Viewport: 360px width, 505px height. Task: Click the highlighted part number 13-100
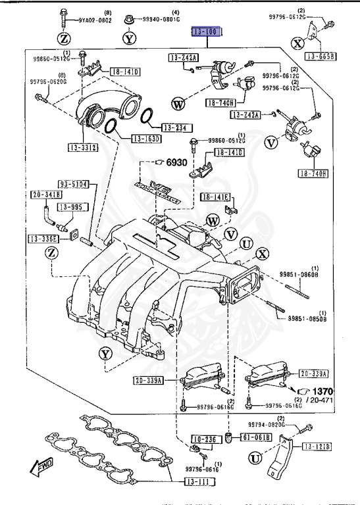tap(208, 32)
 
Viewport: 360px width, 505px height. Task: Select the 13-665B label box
tap(324, 56)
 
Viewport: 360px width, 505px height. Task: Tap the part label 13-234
tap(174, 128)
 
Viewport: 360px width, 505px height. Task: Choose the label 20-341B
tap(45, 195)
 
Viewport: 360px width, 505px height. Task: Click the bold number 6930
tap(176, 162)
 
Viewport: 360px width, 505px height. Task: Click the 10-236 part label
tap(204, 439)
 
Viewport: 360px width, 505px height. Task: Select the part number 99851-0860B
tap(297, 275)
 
